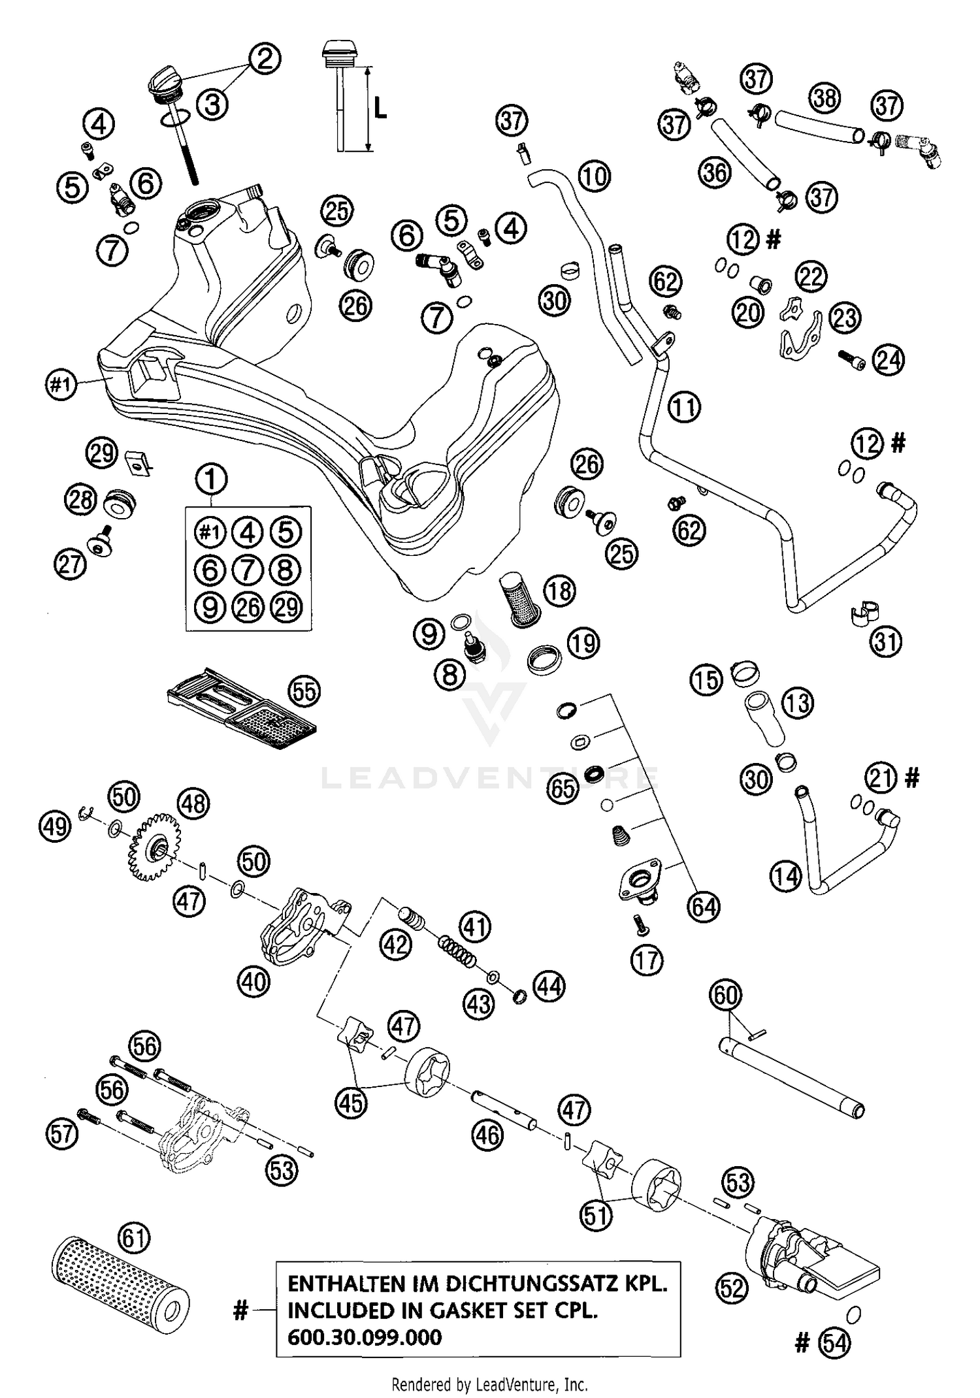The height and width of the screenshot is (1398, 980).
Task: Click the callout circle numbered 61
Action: (135, 1238)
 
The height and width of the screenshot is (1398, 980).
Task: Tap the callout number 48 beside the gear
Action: (194, 804)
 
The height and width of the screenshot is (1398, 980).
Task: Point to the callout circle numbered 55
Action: (304, 691)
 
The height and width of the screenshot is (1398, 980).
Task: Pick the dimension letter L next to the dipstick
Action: (380, 109)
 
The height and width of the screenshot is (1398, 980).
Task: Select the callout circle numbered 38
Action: (825, 98)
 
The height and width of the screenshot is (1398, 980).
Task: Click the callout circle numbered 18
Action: (559, 591)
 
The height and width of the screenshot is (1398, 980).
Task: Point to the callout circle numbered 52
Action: (731, 1288)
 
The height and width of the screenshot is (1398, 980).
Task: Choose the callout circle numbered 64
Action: (704, 907)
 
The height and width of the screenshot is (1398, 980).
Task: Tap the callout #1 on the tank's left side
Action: (61, 383)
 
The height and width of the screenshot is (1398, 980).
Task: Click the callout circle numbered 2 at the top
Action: (265, 59)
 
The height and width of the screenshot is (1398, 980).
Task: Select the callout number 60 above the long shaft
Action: (726, 996)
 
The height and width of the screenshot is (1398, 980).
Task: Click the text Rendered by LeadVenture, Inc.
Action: (489, 1384)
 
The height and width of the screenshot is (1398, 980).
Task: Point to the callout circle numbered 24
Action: (889, 359)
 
